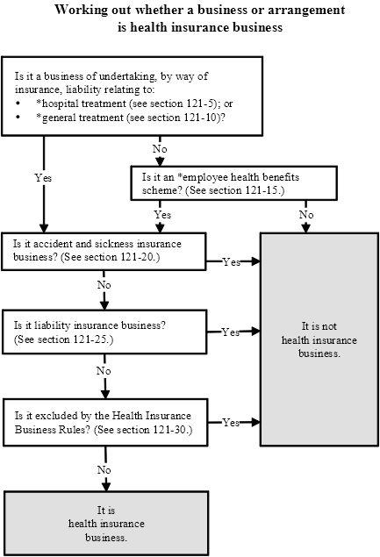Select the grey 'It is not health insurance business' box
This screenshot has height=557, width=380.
pos(319,339)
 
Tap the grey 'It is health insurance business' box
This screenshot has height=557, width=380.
pos(106,524)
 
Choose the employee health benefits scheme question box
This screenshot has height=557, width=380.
pos(234,183)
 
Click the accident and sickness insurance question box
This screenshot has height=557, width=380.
pos(104,251)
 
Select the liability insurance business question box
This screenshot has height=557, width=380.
pos(104,332)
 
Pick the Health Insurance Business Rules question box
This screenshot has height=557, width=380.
pos(105,423)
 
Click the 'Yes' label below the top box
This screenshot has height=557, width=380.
pos(43,177)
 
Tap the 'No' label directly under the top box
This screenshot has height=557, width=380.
pos(160,149)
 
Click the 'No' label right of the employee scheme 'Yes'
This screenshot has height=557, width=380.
pos(306,215)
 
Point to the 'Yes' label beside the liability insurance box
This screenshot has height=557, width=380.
pos(231,332)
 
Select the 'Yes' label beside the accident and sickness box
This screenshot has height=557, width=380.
pos(232,262)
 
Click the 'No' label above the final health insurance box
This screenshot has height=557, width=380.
pos(104,469)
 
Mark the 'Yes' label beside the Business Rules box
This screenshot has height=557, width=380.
pos(231,423)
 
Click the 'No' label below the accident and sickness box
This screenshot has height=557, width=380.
pos(104,284)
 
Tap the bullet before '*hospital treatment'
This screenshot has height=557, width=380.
pos(18,104)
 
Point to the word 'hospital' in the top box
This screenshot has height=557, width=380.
pos(60,104)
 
